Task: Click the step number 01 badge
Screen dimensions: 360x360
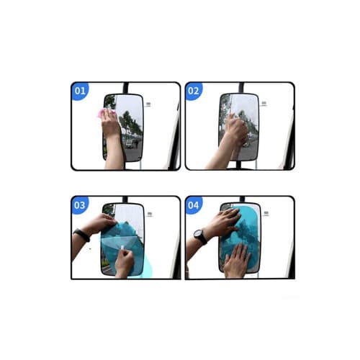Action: [x=79, y=91]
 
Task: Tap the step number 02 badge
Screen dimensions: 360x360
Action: [x=193, y=91]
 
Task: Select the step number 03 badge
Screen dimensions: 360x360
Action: [x=79, y=204]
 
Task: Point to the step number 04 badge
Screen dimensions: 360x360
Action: [x=193, y=204]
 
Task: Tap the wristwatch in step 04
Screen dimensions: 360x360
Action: [x=201, y=236]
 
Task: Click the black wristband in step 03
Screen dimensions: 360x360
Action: [x=82, y=235]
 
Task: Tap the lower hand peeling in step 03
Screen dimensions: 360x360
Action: [x=124, y=263]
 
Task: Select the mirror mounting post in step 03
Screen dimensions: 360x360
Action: [x=125, y=199]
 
